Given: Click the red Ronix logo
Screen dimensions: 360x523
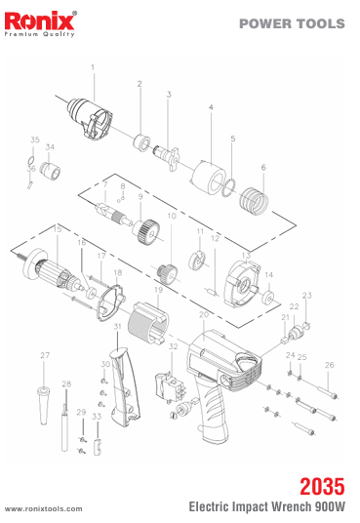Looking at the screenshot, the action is [39, 21].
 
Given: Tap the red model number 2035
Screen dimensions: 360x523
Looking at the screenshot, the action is [322, 486].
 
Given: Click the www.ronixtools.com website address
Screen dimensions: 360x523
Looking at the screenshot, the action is [43, 509].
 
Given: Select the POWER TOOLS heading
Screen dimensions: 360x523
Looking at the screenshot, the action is [292, 23].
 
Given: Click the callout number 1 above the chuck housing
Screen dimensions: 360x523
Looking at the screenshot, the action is [93, 67].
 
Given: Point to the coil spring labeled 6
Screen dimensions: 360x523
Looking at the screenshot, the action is [254, 201].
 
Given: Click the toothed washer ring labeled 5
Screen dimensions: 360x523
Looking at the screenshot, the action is [229, 187].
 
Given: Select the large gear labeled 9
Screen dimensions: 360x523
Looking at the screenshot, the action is [145, 232].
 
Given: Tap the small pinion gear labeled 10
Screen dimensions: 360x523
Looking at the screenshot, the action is [167, 272].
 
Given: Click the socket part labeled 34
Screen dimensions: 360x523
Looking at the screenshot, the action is [50, 170].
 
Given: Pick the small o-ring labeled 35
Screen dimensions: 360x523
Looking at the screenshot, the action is [30, 160].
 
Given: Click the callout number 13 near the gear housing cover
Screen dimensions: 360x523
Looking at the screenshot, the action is [246, 256].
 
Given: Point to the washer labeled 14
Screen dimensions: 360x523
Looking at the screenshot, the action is [268, 298].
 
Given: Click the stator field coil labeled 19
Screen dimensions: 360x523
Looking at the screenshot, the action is [147, 324].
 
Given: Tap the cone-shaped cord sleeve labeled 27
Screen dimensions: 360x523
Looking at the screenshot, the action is [43, 405].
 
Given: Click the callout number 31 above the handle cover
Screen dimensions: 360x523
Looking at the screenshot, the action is [117, 326].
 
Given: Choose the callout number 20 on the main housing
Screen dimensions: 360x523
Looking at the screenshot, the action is [204, 315].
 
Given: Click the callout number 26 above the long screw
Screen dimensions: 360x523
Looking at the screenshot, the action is [330, 365].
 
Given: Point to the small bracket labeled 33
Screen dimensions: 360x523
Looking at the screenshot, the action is [97, 447].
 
